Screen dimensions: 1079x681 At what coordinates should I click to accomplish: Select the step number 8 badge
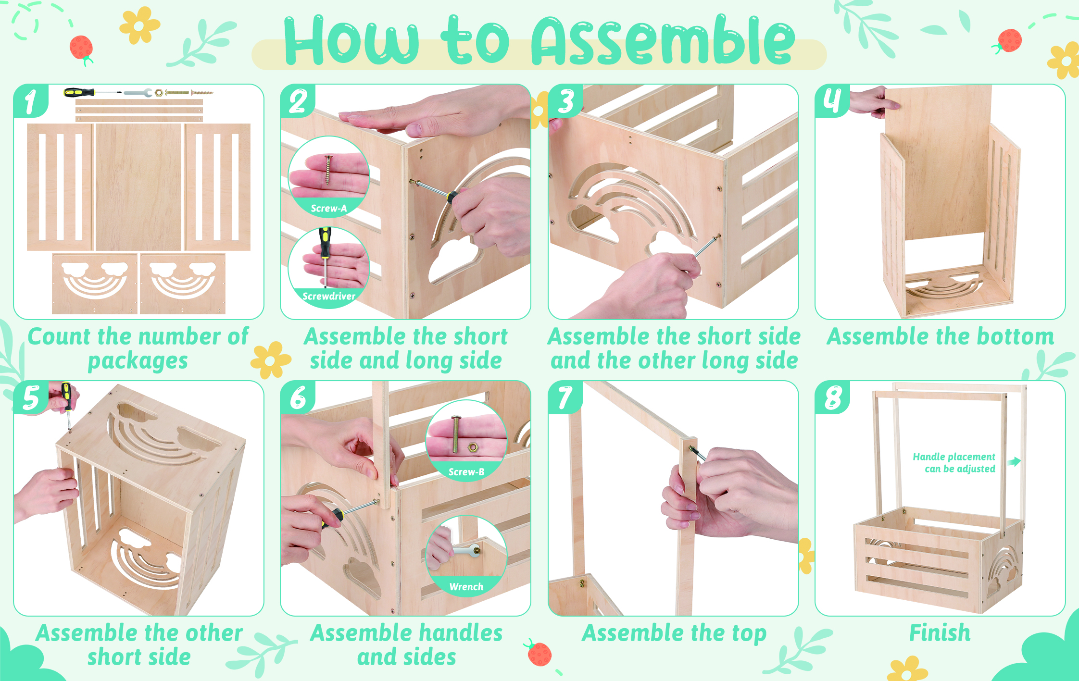click(x=832, y=397)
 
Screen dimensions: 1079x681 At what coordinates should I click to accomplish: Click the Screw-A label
click(x=329, y=208)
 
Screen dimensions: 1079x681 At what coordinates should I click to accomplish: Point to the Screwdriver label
click(x=329, y=296)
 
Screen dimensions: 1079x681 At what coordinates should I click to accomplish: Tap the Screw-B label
click(x=466, y=472)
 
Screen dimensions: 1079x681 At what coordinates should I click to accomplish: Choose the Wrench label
click(x=466, y=586)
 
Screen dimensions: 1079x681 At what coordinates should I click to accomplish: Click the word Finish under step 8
click(x=940, y=632)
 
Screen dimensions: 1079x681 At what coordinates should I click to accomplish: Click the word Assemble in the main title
click(x=664, y=40)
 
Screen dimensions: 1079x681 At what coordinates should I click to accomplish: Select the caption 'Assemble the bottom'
click(x=941, y=336)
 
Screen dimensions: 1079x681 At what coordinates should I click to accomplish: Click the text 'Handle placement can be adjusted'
click(x=954, y=462)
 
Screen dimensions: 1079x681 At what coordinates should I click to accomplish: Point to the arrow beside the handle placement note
click(x=1014, y=462)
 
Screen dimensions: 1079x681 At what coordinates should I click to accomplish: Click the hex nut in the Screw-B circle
click(x=473, y=448)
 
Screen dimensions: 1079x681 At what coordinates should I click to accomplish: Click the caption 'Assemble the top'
click(x=674, y=633)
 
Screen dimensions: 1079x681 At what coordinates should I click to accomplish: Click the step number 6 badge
click(x=298, y=397)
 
